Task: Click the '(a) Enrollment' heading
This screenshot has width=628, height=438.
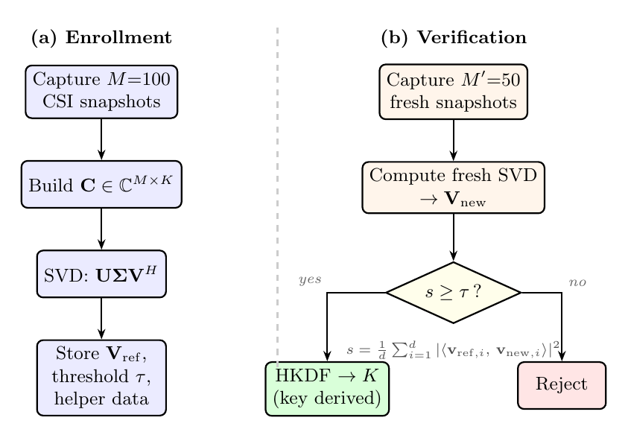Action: coord(101,38)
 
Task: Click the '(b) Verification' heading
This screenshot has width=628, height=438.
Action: coord(453,38)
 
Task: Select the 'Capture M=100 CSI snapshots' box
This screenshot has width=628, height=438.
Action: coord(101,91)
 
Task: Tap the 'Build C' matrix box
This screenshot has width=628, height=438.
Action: coord(101,184)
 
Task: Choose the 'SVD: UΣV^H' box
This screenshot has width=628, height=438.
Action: coord(101,273)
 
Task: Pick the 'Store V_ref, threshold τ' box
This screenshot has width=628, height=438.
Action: coord(101,377)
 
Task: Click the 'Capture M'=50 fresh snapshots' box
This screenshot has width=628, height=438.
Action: coord(453,91)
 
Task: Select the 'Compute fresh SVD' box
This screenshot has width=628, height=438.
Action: coord(453,186)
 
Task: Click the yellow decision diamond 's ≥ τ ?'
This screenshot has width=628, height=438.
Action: coord(453,293)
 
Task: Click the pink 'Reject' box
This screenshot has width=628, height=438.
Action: coord(562,385)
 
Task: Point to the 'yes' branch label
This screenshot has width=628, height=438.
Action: coord(309,279)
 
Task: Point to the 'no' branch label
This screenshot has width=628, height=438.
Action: coord(578,282)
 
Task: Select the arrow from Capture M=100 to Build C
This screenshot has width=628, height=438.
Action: coord(101,139)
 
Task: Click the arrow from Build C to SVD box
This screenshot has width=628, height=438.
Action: coord(101,229)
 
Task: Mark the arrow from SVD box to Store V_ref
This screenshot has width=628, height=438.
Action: coord(101,318)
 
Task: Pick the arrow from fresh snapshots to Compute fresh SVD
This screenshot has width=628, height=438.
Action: coord(453,139)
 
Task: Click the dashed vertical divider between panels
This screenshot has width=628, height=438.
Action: coord(278,186)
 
